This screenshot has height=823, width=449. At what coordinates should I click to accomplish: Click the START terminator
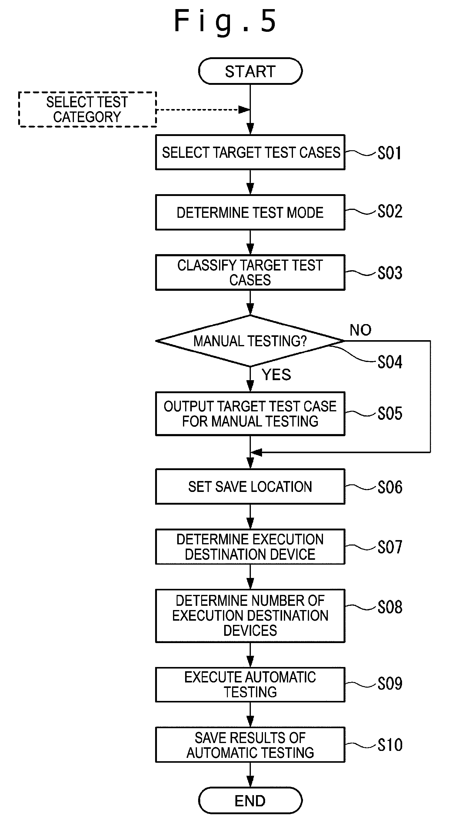coord(250,71)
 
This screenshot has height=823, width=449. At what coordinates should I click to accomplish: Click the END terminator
coord(250,800)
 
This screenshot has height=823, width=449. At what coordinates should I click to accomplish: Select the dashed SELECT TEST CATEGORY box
coord(87,110)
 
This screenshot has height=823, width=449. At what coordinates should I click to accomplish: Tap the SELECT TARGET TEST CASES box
coord(250,152)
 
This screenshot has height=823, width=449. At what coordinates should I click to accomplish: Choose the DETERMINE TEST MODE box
coord(250,212)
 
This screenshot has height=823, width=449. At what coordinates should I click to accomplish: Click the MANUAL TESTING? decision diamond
coord(250,341)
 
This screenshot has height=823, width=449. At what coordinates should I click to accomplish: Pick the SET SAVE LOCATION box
coord(250,486)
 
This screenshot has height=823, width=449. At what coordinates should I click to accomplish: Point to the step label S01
coord(390,153)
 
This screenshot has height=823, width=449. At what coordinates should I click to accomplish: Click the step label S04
coord(390,362)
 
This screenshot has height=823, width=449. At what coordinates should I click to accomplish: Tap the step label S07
coord(390,547)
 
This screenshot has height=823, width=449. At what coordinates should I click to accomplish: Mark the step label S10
coord(390,745)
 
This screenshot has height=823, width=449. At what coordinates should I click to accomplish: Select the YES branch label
coord(276,374)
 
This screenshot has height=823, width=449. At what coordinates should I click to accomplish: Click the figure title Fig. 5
coord(225,21)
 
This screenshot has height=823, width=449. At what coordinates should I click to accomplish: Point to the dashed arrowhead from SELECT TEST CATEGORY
coord(244,110)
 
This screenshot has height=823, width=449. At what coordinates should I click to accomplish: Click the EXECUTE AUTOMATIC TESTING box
coord(250,685)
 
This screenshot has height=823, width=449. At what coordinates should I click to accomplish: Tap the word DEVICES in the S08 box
coord(250,630)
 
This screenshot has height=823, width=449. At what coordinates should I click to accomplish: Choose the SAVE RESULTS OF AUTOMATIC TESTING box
coord(250,745)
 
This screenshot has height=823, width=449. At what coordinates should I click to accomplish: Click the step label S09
coord(390,683)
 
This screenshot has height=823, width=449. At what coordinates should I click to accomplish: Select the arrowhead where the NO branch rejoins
coord(256,452)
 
